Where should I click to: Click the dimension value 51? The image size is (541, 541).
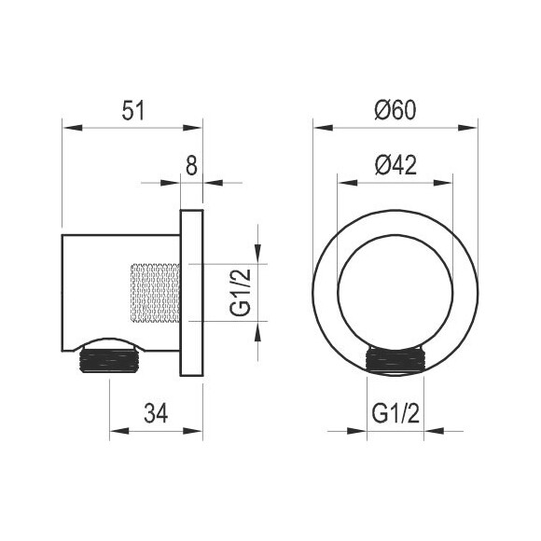click(x=133, y=110)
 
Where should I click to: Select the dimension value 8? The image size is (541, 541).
click(x=191, y=165)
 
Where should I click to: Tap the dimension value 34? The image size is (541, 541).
click(x=156, y=413)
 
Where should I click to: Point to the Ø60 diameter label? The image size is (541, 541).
click(x=395, y=110)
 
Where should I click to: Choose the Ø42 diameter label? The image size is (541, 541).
click(x=395, y=165)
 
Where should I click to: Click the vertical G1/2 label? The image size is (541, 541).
click(x=241, y=293)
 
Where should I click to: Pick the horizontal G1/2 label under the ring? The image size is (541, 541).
click(x=395, y=413)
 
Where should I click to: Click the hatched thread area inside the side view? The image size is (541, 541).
click(x=155, y=293)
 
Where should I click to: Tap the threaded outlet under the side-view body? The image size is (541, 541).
click(x=110, y=361)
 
